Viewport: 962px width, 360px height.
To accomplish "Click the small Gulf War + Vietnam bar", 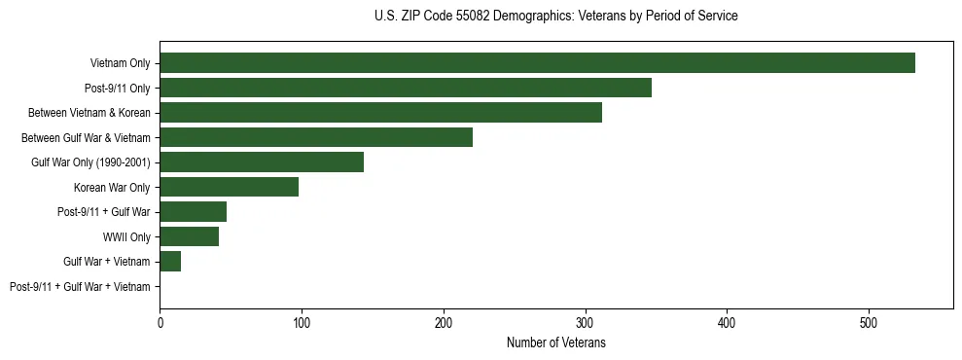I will pyautogui.click(x=170, y=261).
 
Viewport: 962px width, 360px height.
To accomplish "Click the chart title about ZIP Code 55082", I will pyautogui.click(x=555, y=17).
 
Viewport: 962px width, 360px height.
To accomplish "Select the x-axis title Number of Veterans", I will pyautogui.click(x=555, y=343).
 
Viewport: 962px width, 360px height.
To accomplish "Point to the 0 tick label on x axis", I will pyautogui.click(x=160, y=322).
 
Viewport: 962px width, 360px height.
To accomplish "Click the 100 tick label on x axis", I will pyautogui.click(x=302, y=322).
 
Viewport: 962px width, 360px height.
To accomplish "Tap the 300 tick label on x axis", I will pyautogui.click(x=585, y=322).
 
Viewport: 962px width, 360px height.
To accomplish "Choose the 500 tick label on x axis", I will pyautogui.click(x=869, y=322).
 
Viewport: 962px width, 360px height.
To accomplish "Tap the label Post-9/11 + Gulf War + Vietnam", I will pyautogui.click(x=80, y=286).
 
